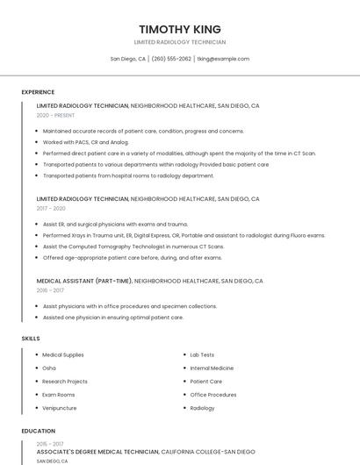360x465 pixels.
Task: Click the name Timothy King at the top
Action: click(x=180, y=29)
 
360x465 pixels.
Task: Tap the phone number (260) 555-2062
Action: click(x=171, y=59)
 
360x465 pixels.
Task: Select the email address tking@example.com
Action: click(x=223, y=59)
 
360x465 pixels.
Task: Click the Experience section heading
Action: click(x=38, y=92)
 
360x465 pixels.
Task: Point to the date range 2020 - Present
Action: click(x=55, y=115)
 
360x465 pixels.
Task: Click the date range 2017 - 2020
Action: click(x=51, y=209)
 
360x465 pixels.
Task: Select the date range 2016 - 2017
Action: click(x=50, y=290)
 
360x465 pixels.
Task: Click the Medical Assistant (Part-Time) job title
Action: click(x=84, y=281)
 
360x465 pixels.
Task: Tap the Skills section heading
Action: click(x=31, y=338)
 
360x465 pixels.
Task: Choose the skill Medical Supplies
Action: click(x=63, y=354)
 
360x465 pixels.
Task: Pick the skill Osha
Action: click(x=49, y=368)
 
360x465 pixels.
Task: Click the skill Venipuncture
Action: click(x=60, y=408)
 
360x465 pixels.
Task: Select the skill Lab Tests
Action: click(x=202, y=354)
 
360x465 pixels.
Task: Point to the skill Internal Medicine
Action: click(x=212, y=368)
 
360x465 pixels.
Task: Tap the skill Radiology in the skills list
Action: click(x=202, y=408)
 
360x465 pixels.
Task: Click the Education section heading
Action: click(x=38, y=431)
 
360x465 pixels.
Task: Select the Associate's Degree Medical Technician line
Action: click(x=97, y=452)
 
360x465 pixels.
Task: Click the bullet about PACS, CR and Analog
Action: click(x=86, y=142)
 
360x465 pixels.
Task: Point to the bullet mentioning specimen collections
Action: click(x=129, y=306)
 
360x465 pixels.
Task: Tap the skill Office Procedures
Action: click(x=213, y=395)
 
